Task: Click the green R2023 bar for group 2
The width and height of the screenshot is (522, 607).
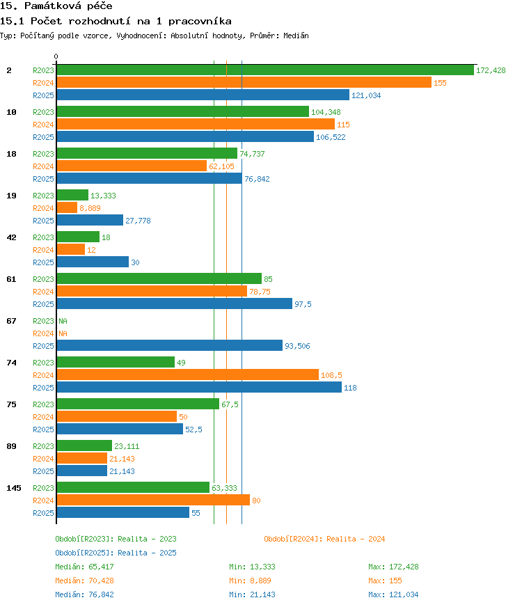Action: (265, 70)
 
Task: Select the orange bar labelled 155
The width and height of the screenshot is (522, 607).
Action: (244, 82)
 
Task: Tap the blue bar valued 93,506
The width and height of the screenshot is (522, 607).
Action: (170, 345)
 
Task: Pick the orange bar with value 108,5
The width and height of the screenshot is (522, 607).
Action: (188, 375)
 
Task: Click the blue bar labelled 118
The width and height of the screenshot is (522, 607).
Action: (199, 387)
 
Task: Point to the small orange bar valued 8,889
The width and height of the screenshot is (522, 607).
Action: (67, 207)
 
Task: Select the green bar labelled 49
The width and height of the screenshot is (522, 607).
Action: (116, 362)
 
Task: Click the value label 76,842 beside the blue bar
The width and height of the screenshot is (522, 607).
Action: (257, 179)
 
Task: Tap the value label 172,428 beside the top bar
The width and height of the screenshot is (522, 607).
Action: (491, 70)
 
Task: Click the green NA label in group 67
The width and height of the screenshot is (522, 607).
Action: (63, 321)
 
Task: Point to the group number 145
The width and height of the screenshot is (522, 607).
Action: (13, 488)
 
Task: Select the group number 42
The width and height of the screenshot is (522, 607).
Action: (12, 237)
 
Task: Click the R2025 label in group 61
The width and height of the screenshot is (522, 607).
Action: (43, 304)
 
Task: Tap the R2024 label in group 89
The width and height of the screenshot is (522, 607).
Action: (43, 459)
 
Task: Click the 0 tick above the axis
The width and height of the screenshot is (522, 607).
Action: (56, 56)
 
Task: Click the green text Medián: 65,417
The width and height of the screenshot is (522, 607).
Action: (84, 567)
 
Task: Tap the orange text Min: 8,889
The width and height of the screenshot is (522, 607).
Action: (250, 581)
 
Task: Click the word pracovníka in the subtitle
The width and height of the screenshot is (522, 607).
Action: (200, 22)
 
